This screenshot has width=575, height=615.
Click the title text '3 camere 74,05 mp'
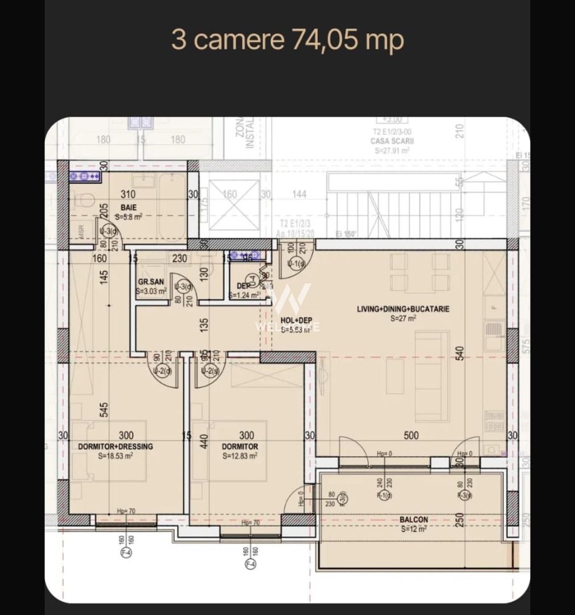click(x=287, y=40)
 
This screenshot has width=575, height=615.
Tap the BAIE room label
click(x=128, y=208)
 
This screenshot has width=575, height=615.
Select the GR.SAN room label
click(x=151, y=282)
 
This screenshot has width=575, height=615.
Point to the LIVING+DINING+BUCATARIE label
click(x=403, y=309)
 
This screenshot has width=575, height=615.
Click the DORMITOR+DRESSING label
click(x=115, y=446)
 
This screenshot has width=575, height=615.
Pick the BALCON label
click(x=413, y=519)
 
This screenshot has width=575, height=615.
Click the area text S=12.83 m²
click(x=240, y=456)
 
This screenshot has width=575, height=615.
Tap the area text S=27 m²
click(x=403, y=319)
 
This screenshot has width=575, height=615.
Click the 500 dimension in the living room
click(x=411, y=436)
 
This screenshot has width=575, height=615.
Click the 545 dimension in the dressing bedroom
click(x=104, y=409)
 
